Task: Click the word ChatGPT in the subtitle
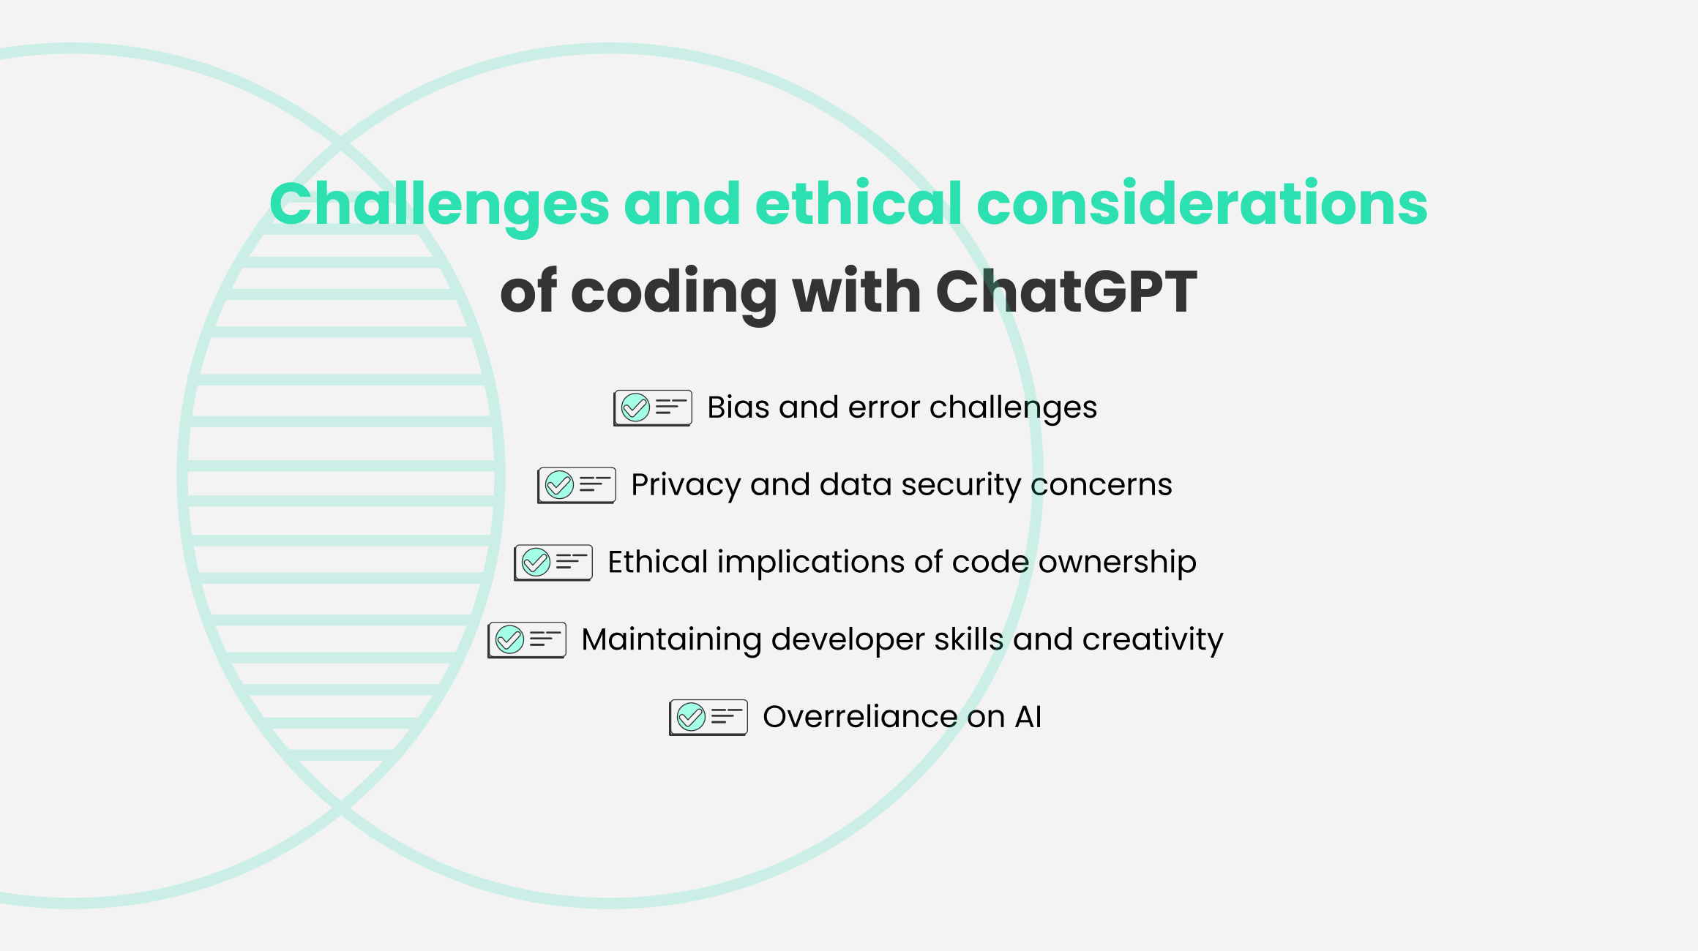point(1066,291)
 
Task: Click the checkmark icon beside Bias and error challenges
point(635,407)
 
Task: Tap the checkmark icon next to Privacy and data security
point(559,485)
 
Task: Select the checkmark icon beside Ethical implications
point(536,563)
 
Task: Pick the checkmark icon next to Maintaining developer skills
point(509,640)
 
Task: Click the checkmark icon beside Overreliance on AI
point(691,717)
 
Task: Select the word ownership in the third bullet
point(1118,563)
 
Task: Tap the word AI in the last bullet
point(1028,717)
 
